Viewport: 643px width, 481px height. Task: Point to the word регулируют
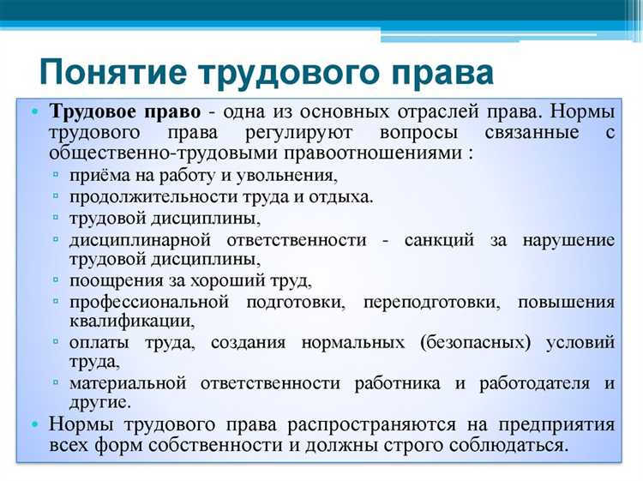pyautogui.click(x=291, y=135)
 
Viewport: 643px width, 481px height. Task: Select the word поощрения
pyautogui.click(x=115, y=280)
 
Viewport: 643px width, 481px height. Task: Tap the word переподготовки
pyautogui.click(x=427, y=302)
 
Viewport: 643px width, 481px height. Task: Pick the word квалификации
pyautogui.click(x=131, y=322)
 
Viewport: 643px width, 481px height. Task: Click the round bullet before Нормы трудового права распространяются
pyautogui.click(x=34, y=425)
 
